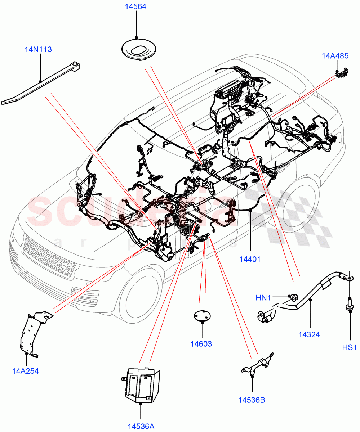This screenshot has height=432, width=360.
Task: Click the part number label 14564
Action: [x=136, y=6]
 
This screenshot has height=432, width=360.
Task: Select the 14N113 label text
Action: [x=38, y=50]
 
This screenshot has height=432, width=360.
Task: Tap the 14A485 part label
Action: [x=335, y=56]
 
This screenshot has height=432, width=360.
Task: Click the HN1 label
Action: [x=263, y=298]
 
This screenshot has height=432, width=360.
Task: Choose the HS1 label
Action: [x=349, y=347]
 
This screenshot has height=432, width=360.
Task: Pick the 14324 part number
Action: [x=309, y=334]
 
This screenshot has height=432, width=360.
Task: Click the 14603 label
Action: [x=201, y=344]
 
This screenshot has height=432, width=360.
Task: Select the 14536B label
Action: [x=251, y=400]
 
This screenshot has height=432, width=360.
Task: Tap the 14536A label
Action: [x=141, y=427]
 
